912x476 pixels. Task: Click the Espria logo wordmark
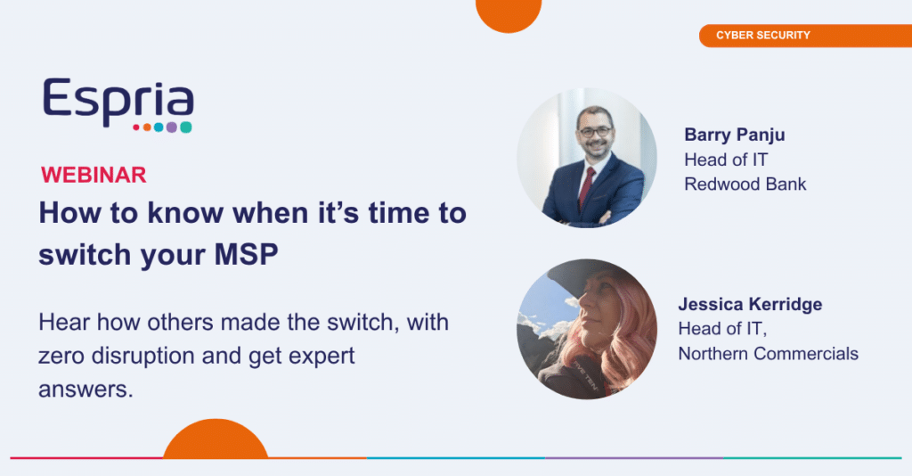tap(118, 103)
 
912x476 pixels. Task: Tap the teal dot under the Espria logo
tap(185, 127)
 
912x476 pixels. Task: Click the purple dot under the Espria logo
tap(172, 127)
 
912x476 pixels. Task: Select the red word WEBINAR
tap(94, 175)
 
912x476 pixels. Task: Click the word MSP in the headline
tap(247, 255)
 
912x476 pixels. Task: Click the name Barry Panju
tap(735, 135)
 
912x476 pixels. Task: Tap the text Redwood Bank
tap(745, 184)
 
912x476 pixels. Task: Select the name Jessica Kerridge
tap(750, 304)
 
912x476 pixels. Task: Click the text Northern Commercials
tap(769, 353)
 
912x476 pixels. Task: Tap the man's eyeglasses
tap(595, 132)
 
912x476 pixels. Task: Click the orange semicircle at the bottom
tap(216, 440)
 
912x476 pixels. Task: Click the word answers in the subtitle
tap(86, 390)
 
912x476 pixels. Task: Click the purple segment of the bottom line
tap(634, 458)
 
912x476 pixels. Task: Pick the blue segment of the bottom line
tap(456, 458)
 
